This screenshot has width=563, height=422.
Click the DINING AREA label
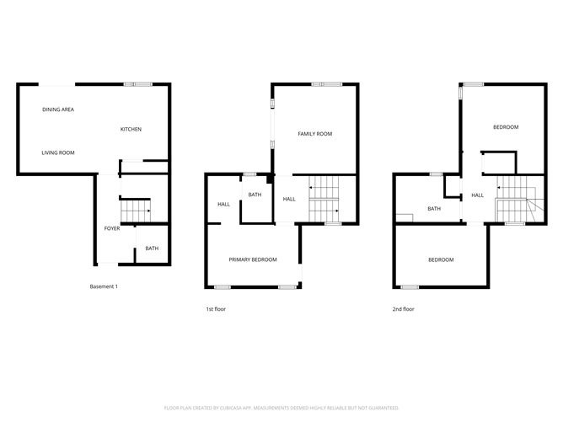point(58,110)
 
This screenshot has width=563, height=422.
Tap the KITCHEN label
point(131,129)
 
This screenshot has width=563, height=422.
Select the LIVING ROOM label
point(59,152)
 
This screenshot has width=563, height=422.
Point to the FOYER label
point(111,229)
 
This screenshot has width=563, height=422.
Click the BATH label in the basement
point(152,248)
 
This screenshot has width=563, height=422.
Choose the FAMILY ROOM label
point(315,134)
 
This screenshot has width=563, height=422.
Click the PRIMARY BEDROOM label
point(253,259)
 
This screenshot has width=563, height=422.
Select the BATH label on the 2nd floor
point(434,209)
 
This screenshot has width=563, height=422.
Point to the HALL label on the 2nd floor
point(477,195)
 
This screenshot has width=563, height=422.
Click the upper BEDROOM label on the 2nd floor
point(506,127)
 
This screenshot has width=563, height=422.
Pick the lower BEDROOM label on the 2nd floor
point(441,259)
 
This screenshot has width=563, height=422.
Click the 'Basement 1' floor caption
point(104,287)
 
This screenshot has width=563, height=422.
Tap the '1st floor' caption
point(216,309)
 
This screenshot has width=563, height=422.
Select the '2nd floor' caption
point(403,309)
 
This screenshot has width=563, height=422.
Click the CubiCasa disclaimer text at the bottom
point(281,407)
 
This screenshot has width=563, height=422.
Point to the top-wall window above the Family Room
point(325,83)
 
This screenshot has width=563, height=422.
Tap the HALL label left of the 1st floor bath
point(223,205)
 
